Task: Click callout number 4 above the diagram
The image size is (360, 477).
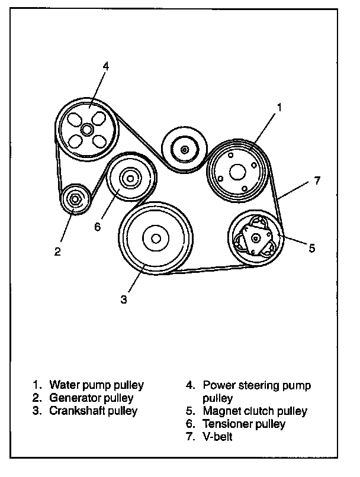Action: [x=105, y=66]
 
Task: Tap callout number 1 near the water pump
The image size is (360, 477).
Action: [x=279, y=108]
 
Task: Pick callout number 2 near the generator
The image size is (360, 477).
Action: [x=57, y=252]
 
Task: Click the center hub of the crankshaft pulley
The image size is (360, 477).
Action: [x=156, y=238]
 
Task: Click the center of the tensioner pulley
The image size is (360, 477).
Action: [x=131, y=177]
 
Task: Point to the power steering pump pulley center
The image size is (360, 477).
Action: [x=87, y=128]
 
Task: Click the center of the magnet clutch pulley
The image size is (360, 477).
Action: [x=255, y=238]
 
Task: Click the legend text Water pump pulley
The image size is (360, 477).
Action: [x=97, y=385]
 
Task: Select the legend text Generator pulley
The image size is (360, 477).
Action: [x=92, y=398]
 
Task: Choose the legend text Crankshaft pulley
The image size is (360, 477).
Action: [x=94, y=410]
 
